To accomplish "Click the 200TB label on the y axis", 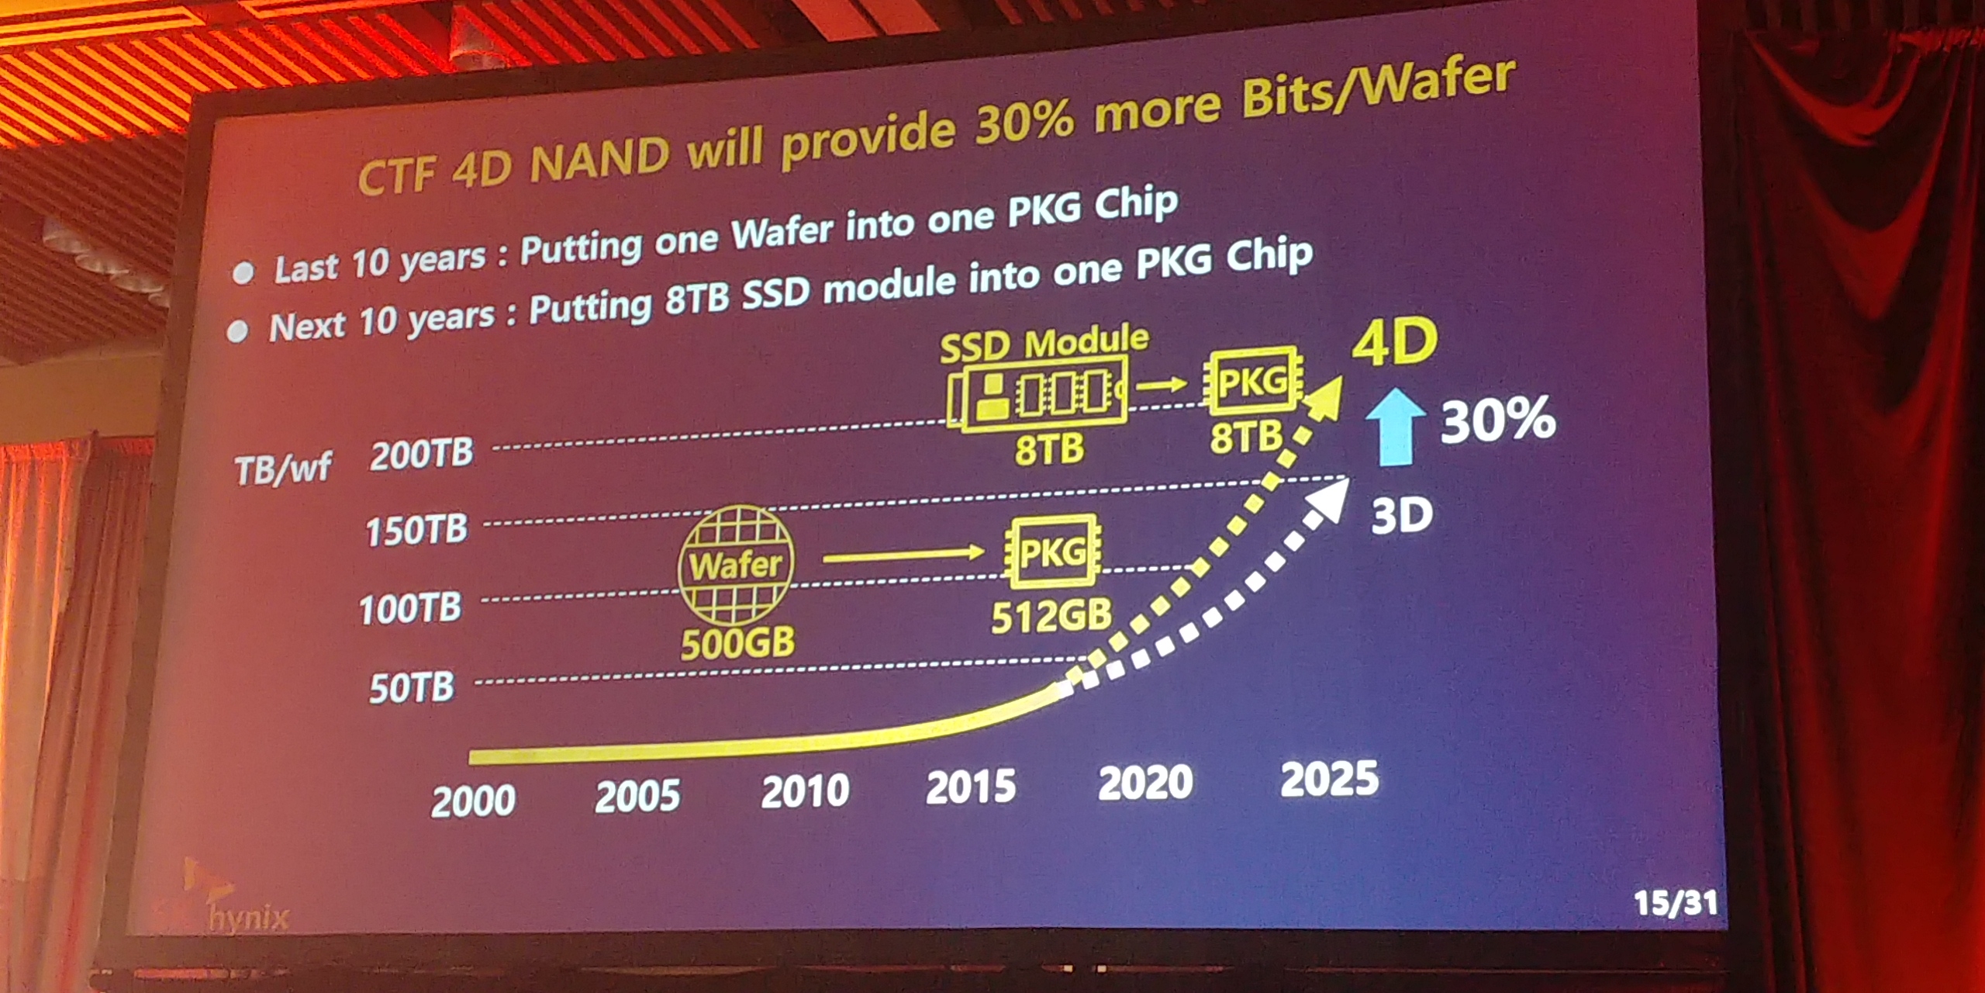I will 421,454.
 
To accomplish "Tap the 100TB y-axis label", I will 410,609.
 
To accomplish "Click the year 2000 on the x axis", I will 473,801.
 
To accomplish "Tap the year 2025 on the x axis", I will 1329,780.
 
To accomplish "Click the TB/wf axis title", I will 283,469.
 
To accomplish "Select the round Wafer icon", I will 736,565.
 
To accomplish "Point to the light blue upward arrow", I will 1396,427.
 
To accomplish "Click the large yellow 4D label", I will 1395,342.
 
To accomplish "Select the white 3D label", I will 1401,515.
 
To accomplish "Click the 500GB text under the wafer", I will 737,643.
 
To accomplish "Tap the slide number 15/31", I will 1676,903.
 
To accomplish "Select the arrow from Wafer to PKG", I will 903,555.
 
